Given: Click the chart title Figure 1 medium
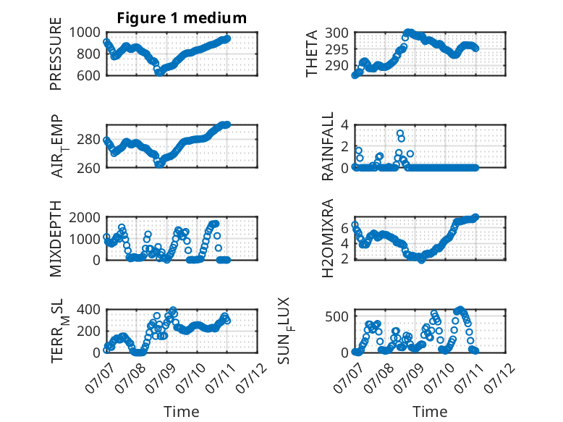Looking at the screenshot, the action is (182, 18).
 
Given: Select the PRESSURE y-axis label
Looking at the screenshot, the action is (56, 54).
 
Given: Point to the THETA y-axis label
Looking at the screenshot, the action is (312, 54).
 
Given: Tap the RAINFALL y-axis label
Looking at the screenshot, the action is (328, 146).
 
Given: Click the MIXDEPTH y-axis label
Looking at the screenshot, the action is (56, 239).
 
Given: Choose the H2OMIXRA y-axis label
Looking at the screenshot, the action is (328, 238).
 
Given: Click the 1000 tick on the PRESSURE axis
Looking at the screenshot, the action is (85, 33).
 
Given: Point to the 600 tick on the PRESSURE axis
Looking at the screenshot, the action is (89, 75).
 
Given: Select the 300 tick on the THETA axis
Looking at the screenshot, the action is (336, 33).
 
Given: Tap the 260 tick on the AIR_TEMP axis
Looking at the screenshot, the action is (89, 168).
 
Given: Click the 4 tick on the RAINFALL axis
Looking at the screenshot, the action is (344, 125).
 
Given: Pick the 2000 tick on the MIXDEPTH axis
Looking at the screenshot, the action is (85, 217).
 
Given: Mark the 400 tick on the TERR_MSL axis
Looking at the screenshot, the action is (89, 309).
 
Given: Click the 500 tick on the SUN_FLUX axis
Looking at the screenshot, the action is (336, 316).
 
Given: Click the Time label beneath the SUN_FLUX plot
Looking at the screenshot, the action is (430, 412).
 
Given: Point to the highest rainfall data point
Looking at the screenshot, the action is (400, 133).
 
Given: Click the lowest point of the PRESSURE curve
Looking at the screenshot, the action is (159, 73).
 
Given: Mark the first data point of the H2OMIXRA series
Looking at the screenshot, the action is (355, 224).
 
